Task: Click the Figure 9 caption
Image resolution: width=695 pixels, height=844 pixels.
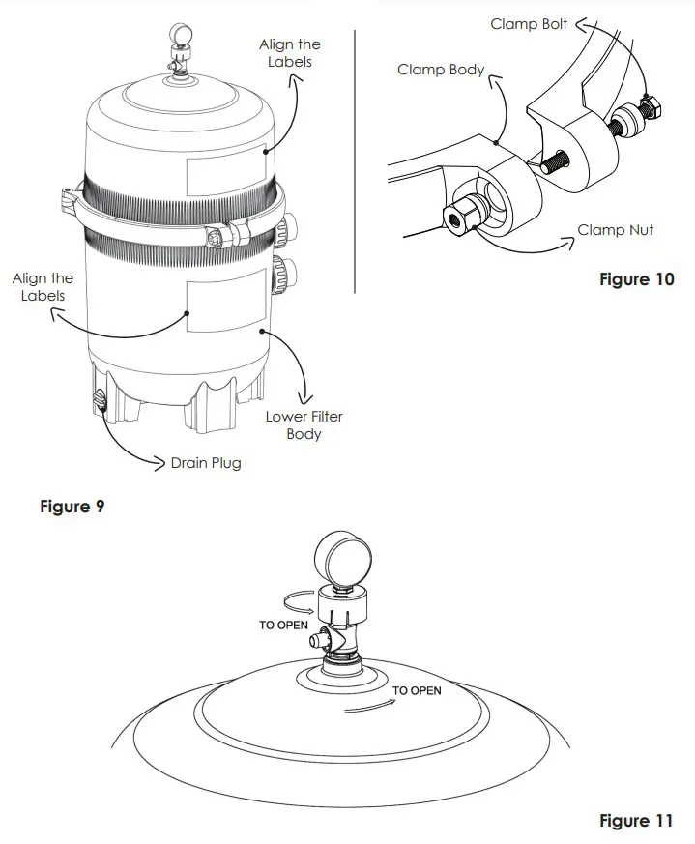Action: click(72, 506)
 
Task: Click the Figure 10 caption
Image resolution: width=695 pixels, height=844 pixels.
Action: click(636, 279)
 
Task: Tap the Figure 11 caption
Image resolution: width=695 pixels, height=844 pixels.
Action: click(635, 821)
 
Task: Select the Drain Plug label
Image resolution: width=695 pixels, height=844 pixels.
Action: click(205, 463)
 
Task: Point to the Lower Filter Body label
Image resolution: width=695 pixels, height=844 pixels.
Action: click(304, 425)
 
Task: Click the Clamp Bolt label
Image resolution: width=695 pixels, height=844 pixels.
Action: click(528, 24)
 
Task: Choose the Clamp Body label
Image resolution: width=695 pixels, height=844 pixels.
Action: click(441, 71)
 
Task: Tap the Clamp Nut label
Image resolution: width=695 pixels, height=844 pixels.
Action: click(615, 230)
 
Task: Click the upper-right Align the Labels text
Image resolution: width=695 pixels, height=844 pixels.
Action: click(289, 53)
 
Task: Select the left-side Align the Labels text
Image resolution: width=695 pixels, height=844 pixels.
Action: click(43, 287)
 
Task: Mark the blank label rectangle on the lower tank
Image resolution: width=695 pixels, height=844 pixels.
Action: click(225, 305)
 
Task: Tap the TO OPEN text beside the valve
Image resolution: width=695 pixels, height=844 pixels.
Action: click(283, 626)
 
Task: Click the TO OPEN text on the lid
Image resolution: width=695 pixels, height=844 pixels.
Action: click(417, 690)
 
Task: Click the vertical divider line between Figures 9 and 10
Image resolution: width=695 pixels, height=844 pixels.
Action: click(356, 160)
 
